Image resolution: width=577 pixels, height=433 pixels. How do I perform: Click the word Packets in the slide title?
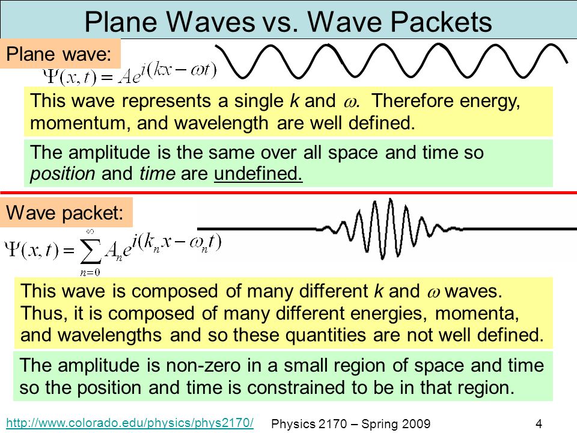pyautogui.click(x=441, y=22)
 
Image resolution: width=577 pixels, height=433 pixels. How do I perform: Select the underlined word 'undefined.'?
pyautogui.click(x=258, y=173)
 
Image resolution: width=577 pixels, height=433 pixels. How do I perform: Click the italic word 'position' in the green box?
pyautogui.click(x=63, y=174)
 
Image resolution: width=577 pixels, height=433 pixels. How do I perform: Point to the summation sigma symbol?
pyautogui.click(x=91, y=251)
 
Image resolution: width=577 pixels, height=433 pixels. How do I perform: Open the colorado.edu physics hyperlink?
pyautogui.click(x=130, y=423)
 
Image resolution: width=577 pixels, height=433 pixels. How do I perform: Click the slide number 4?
pyautogui.click(x=539, y=424)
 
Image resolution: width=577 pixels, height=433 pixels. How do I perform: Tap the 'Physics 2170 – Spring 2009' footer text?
pyautogui.click(x=350, y=424)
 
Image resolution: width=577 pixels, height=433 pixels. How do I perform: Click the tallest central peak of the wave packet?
pyautogui.click(x=391, y=201)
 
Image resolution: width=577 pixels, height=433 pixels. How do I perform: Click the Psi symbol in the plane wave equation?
pyautogui.click(x=49, y=76)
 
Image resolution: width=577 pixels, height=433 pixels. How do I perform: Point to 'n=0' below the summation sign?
pyautogui.click(x=90, y=272)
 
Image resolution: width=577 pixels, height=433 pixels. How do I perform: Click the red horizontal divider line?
pyautogui.click(x=288, y=192)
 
